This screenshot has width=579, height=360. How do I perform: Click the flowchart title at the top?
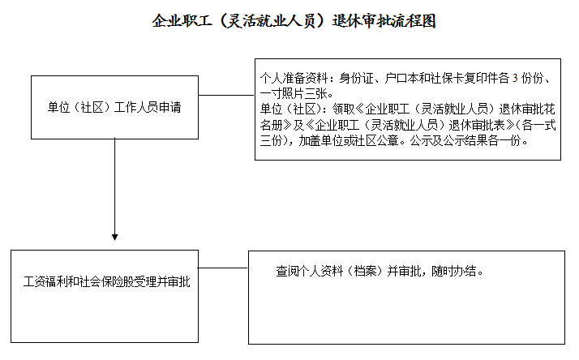tap(294, 21)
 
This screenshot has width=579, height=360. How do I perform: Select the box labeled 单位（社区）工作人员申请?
tap(114, 108)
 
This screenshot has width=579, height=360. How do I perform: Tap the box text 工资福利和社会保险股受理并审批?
tap(107, 281)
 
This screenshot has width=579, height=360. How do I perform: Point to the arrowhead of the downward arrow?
tap(115, 237)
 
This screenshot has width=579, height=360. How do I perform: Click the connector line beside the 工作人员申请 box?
tap(226, 95)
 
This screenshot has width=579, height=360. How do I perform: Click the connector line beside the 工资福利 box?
tap(223, 268)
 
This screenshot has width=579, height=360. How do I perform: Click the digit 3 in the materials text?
tap(515, 79)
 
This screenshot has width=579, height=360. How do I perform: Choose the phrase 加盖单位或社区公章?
tap(350, 141)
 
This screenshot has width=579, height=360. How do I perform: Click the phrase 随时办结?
tap(453, 272)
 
